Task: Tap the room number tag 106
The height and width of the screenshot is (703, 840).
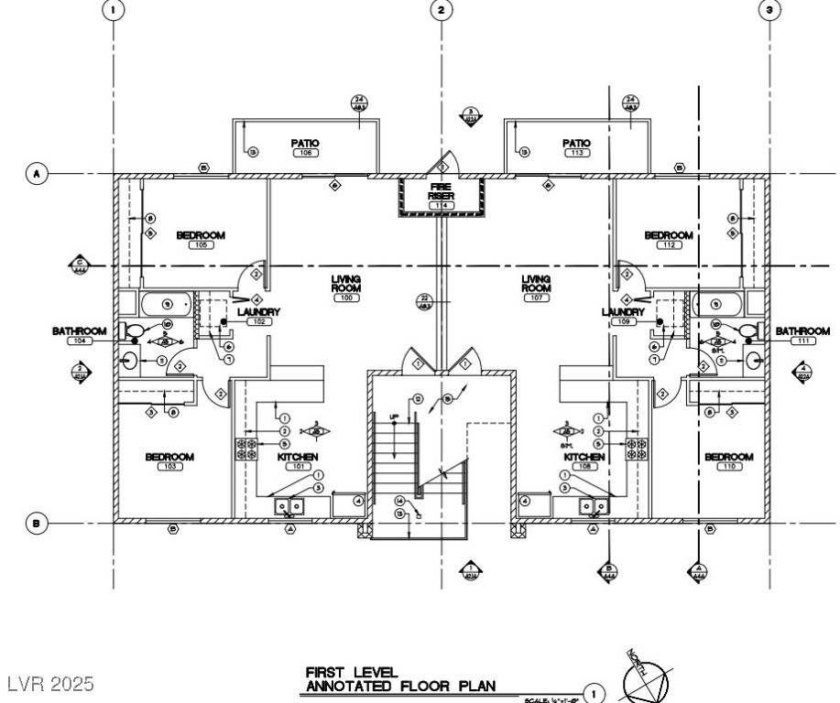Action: [305, 153]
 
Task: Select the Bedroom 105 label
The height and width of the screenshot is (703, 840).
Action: [201, 236]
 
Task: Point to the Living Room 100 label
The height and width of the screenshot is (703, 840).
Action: [347, 283]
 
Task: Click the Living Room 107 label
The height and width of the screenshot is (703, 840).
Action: [536, 283]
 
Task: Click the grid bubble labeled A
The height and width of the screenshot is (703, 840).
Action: [37, 172]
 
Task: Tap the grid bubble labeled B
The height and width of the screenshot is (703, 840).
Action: [37, 524]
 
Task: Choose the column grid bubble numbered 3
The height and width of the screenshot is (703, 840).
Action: [769, 9]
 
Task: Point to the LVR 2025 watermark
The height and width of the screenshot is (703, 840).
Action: [51, 685]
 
